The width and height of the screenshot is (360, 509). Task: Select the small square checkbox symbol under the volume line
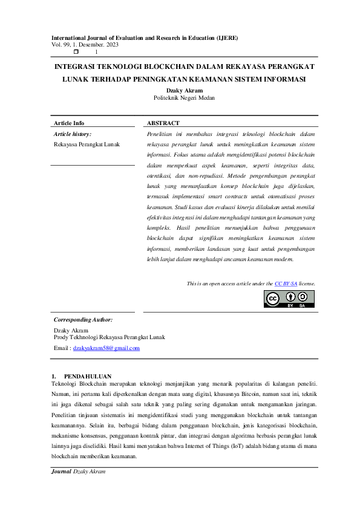[76, 52]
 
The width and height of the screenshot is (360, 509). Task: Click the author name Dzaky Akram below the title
[184, 90]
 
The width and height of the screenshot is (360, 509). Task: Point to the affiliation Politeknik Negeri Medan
[184, 97]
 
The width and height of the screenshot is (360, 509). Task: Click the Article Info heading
[69, 123]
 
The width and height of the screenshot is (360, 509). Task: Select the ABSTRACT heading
[163, 123]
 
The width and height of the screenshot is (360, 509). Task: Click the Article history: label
[73, 134]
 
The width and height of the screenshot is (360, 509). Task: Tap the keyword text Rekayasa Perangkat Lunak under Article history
[87, 144]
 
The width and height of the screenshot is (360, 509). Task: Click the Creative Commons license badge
[289, 299]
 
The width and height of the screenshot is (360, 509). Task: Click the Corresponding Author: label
[83, 320]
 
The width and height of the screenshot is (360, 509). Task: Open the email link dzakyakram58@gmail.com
[106, 348]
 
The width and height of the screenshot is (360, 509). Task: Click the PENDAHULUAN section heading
[87, 376]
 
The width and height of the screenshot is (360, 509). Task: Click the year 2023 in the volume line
[111, 45]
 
